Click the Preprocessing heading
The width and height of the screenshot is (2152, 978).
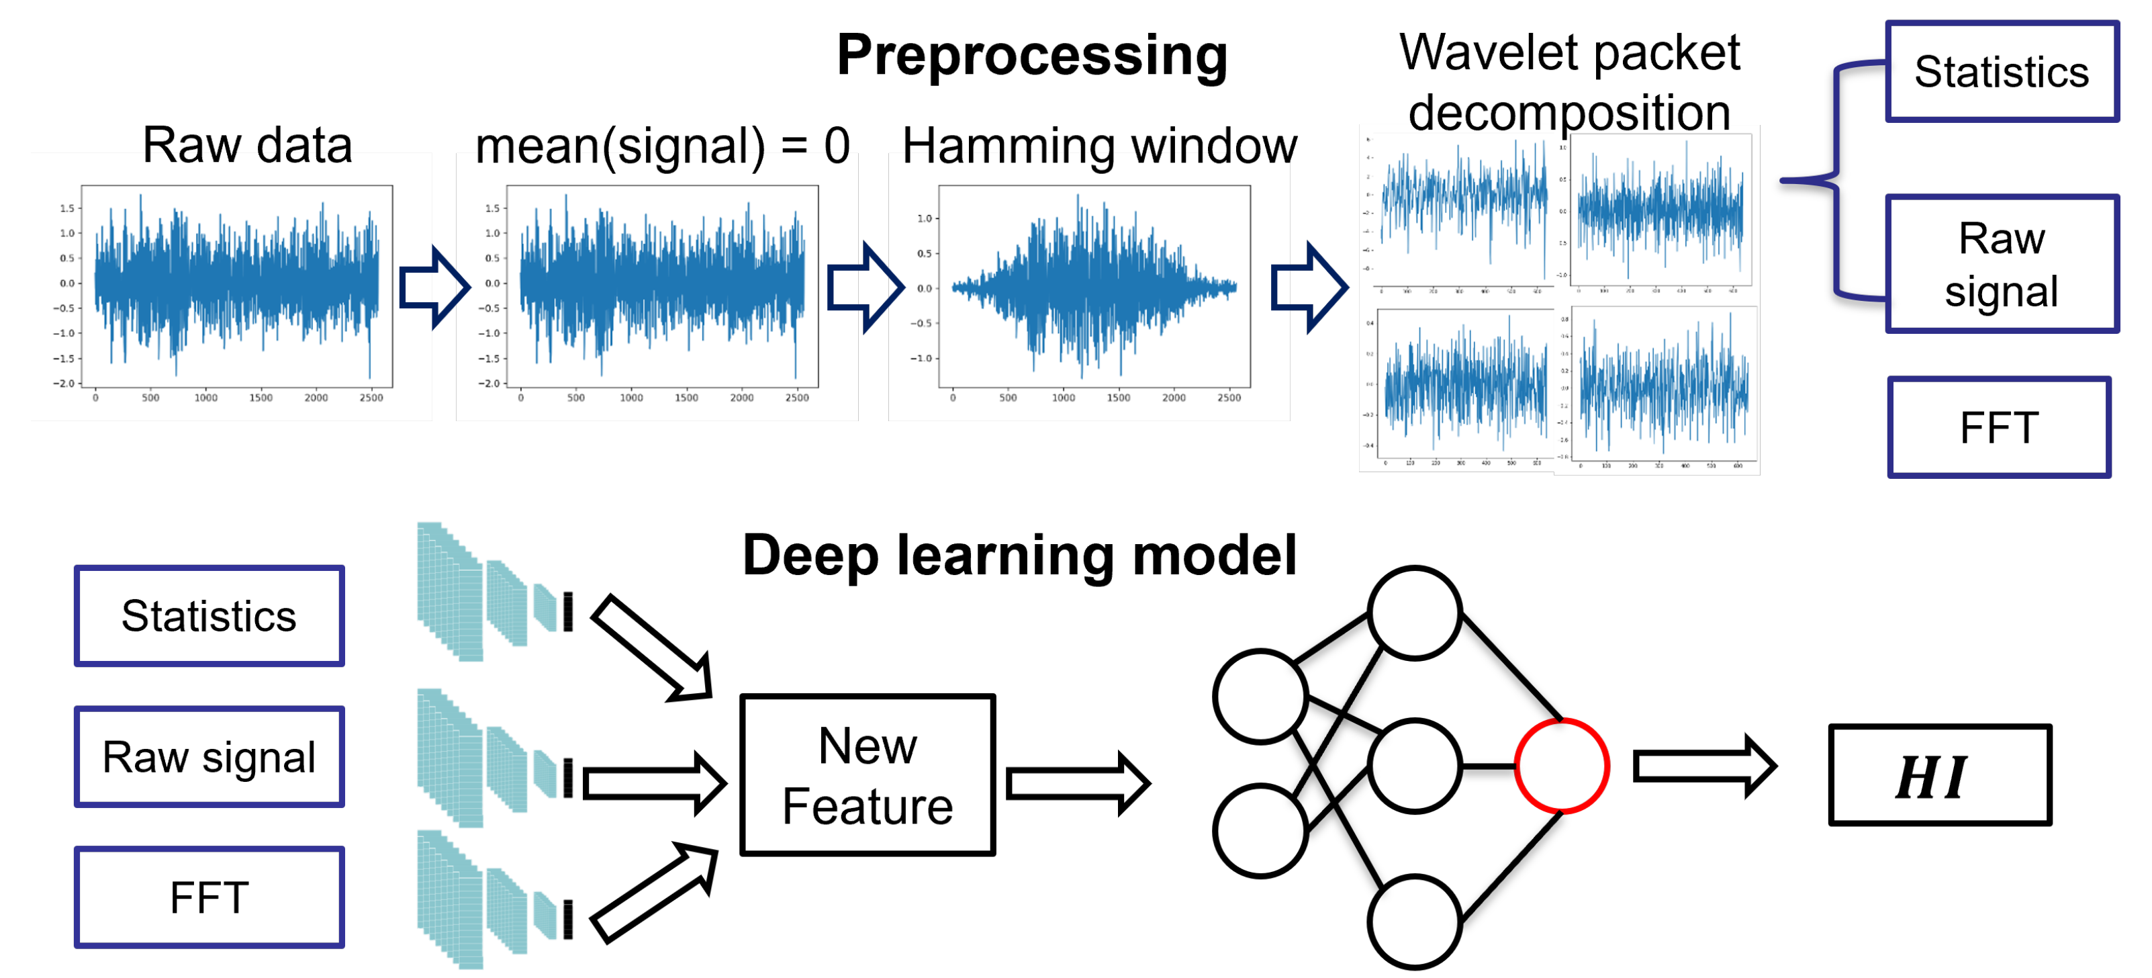1032,55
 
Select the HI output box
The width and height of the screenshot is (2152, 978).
1939,776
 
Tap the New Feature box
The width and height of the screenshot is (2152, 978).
867,775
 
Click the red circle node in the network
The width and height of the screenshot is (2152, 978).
1560,766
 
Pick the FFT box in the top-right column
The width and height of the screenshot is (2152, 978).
1998,428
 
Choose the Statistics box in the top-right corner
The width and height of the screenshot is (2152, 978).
2002,72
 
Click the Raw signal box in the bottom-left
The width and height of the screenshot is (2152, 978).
209,757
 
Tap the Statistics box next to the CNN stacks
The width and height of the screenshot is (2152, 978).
209,616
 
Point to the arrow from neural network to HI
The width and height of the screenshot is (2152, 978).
1704,766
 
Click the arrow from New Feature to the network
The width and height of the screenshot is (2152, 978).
1078,783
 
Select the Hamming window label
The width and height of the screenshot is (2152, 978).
1099,146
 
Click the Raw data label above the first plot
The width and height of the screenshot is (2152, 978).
247,144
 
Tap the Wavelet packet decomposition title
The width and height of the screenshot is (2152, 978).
1569,82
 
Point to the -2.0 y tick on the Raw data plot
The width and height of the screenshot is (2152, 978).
67,384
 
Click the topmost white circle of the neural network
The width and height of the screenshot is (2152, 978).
1414,613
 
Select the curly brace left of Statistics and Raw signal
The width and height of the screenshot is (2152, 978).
1834,180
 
